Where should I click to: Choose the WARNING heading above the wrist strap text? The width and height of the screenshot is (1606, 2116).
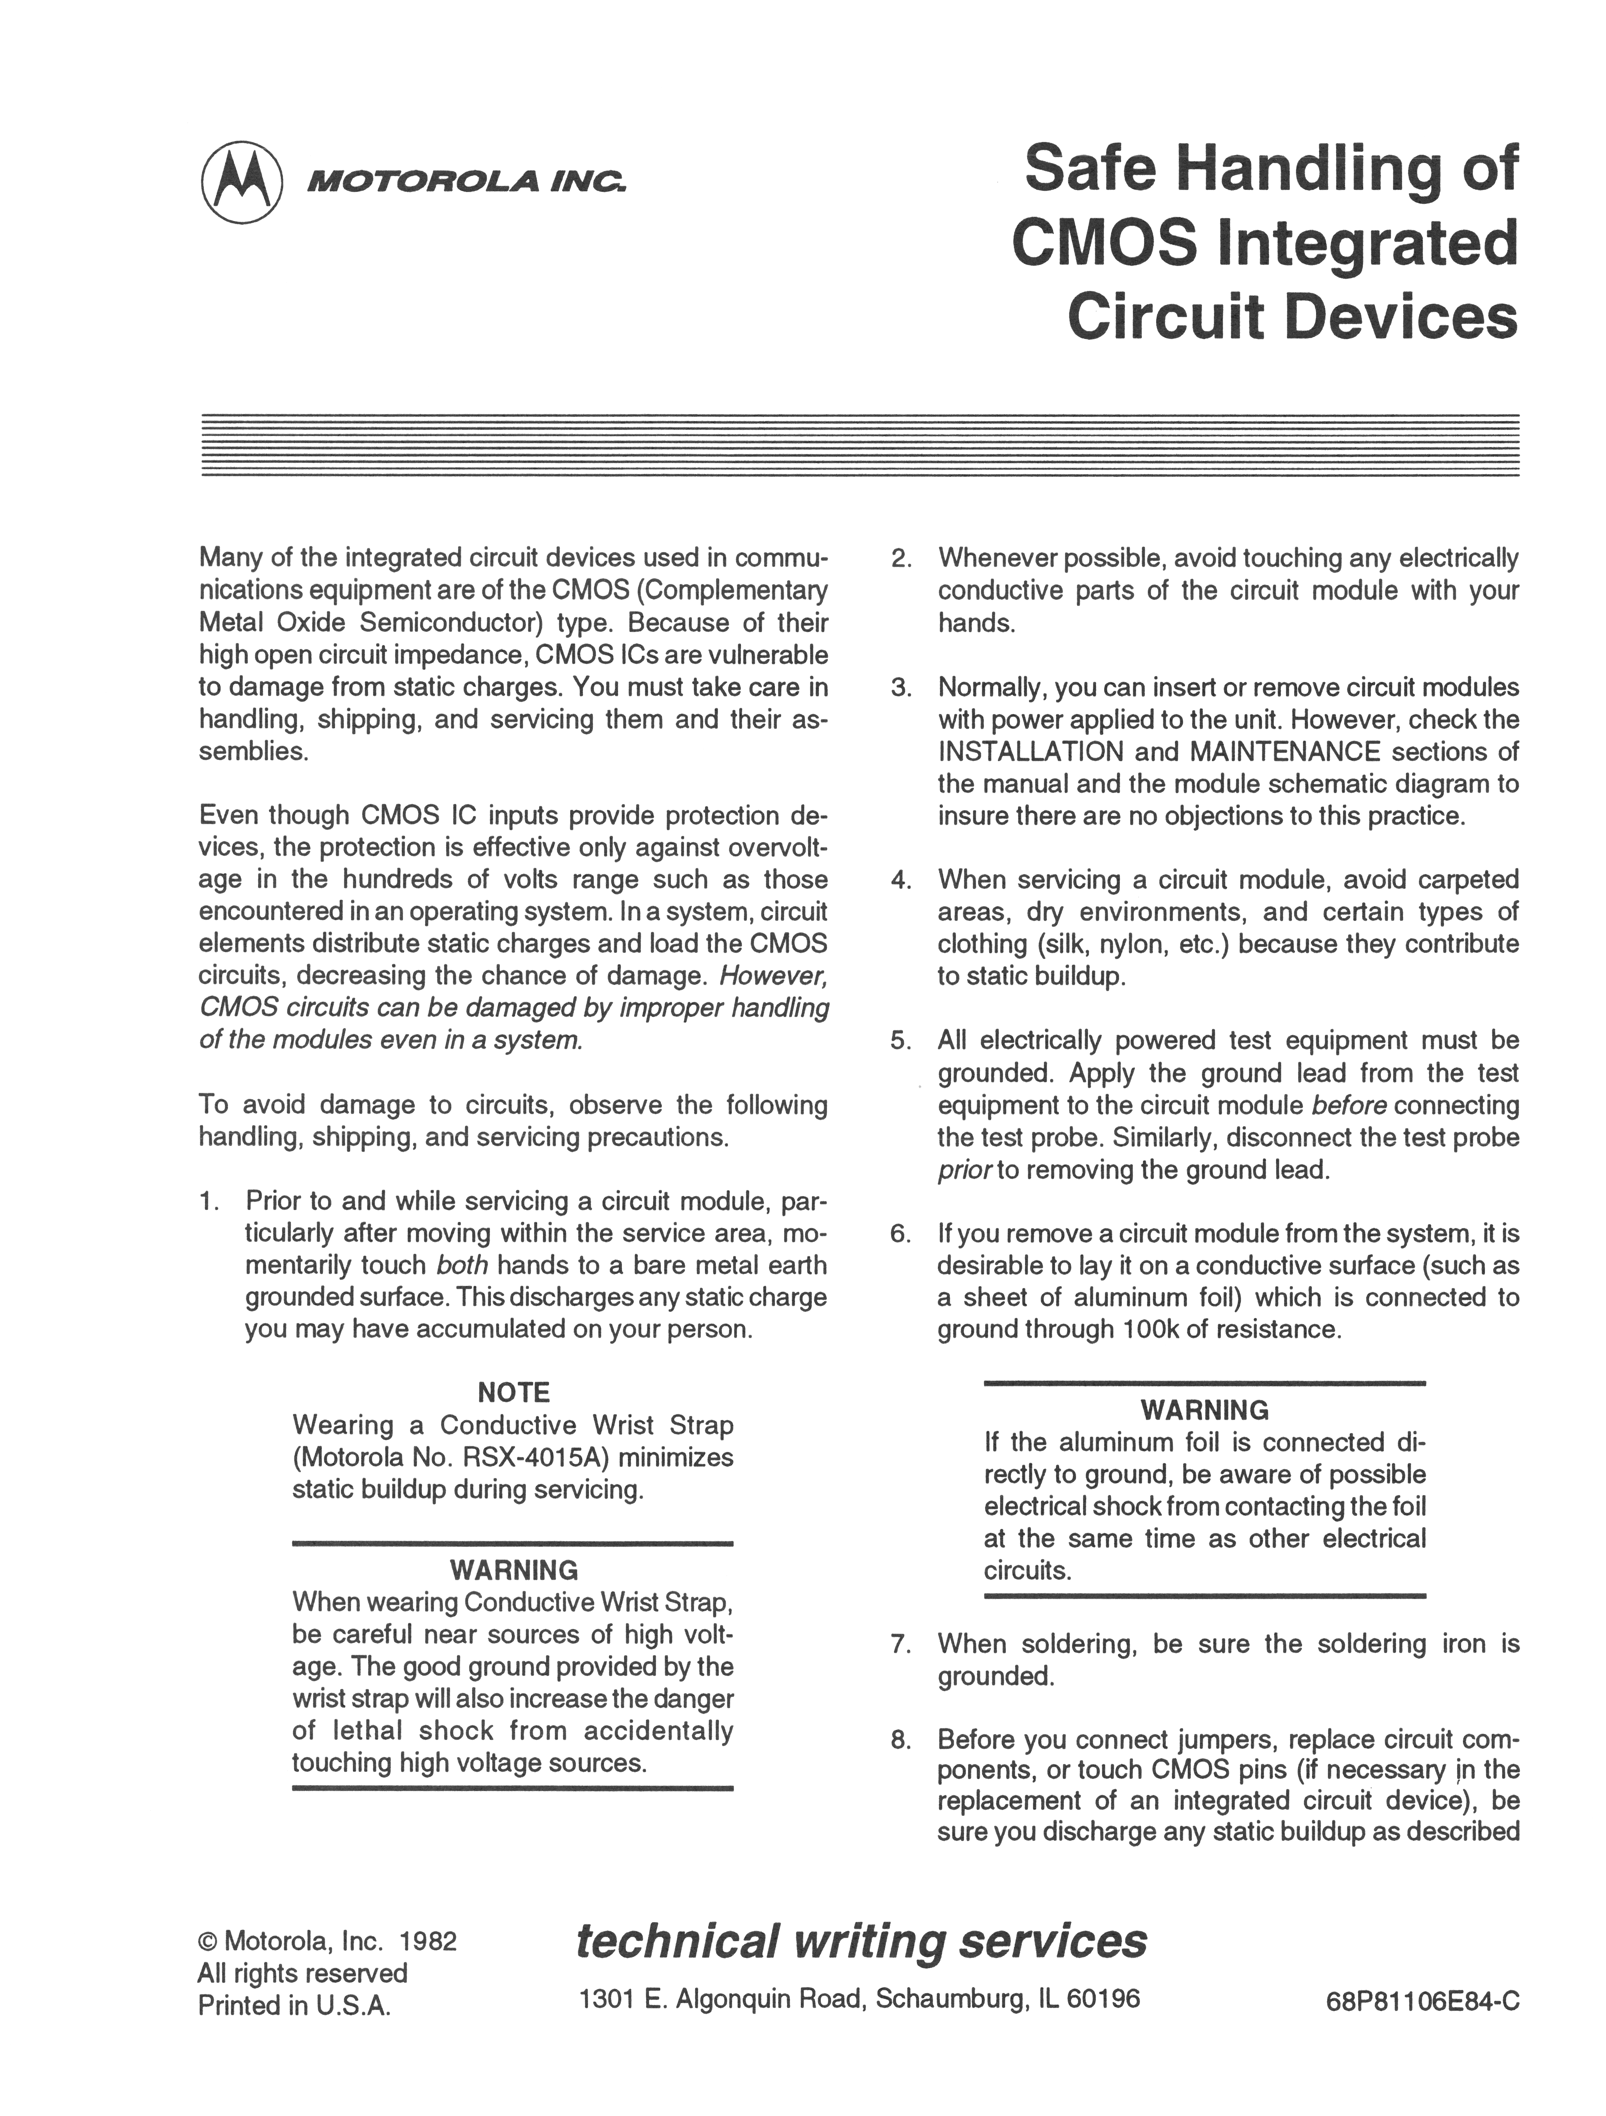(x=514, y=1570)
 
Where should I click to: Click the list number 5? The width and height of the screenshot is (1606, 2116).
(x=900, y=1041)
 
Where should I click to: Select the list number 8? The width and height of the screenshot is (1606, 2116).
(x=900, y=1739)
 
